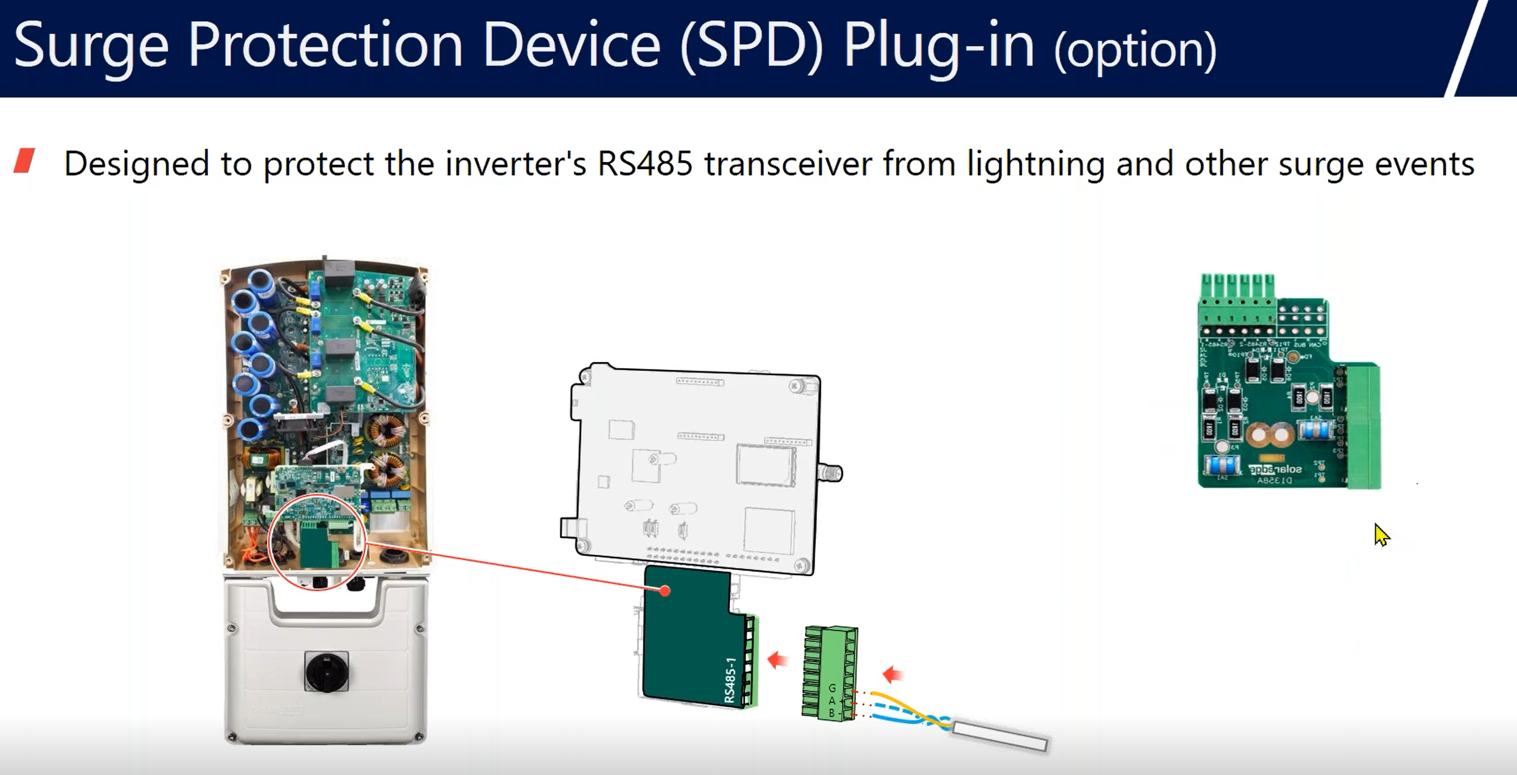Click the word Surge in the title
91,46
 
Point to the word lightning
1035,165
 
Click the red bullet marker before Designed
24,161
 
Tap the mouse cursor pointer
1380,534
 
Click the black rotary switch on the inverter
326,671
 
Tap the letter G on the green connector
832,688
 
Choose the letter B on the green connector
832,713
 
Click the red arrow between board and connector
778,660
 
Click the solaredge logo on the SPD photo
1275,470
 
